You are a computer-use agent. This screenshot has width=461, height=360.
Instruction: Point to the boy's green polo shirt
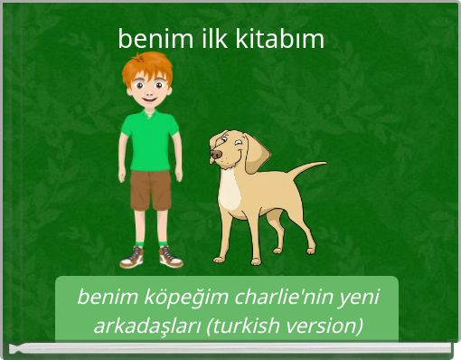[x=150, y=140]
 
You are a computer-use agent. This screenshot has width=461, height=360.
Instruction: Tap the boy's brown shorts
[x=150, y=190]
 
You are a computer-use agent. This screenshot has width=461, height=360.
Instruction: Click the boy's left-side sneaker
[x=133, y=258]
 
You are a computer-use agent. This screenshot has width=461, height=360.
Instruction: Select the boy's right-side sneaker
[x=170, y=258]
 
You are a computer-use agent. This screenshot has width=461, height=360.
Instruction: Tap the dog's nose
[x=215, y=155]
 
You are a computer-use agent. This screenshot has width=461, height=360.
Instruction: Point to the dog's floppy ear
[x=256, y=151]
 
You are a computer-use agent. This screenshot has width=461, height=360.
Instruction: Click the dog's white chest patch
[x=231, y=190]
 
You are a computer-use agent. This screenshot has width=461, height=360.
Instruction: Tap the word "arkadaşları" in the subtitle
[x=147, y=326]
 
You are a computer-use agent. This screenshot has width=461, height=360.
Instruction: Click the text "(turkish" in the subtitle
[x=242, y=326]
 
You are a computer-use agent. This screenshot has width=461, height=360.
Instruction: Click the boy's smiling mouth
[x=149, y=98]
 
